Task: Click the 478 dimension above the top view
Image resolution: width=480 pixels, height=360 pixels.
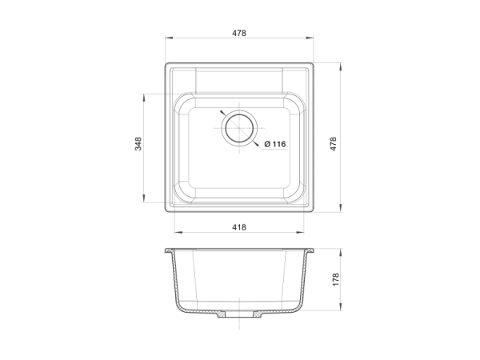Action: [x=239, y=33]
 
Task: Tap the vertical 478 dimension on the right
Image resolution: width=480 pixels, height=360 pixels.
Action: [x=333, y=144]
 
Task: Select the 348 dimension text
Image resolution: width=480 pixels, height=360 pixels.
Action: [x=138, y=144]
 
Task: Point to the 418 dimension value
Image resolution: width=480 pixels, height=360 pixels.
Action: [x=239, y=227]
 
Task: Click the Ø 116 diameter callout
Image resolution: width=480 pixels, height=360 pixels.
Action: [x=275, y=144]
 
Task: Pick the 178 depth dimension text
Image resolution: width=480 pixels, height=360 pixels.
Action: [x=336, y=280]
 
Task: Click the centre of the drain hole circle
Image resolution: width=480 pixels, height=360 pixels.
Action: [x=239, y=128]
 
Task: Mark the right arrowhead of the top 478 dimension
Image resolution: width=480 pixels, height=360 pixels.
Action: [x=309, y=38]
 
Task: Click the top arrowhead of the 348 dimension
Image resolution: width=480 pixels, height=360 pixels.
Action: [x=143, y=98]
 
